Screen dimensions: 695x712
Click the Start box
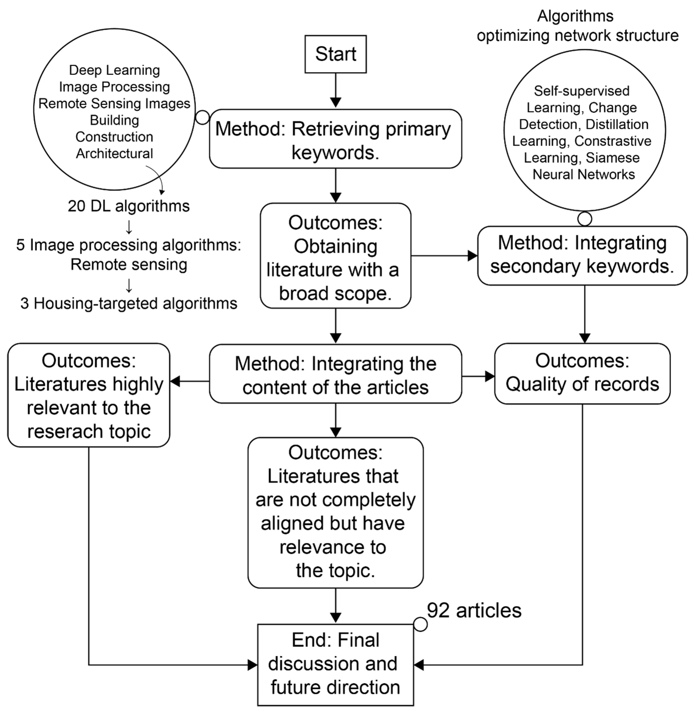[x=336, y=54]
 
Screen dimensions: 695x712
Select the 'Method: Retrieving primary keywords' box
[x=336, y=139]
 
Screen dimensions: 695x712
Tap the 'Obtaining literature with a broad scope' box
[x=336, y=256]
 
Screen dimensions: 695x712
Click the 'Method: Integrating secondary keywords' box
[x=582, y=256]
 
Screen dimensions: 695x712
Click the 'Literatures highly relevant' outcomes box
[x=89, y=395]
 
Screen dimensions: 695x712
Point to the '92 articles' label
[x=474, y=610]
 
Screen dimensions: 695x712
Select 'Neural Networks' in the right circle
[x=584, y=174]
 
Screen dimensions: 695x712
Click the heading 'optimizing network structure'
[x=577, y=36]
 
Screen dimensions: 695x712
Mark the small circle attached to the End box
[x=421, y=624]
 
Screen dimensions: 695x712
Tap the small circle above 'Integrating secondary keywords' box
[x=585, y=219]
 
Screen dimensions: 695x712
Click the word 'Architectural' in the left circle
[x=114, y=154]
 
